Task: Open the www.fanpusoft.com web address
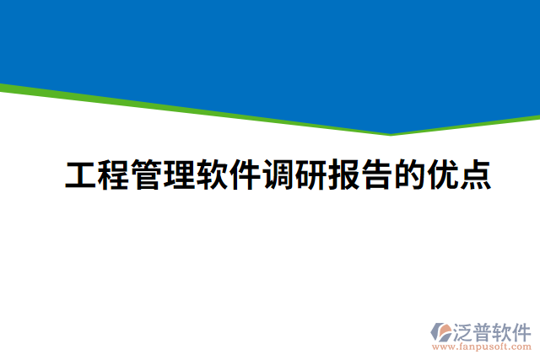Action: (482, 347)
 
